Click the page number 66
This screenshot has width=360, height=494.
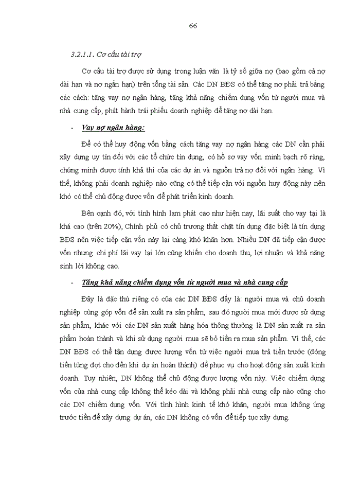(x=193, y=26)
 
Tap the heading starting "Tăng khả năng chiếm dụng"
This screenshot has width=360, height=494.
(x=185, y=283)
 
